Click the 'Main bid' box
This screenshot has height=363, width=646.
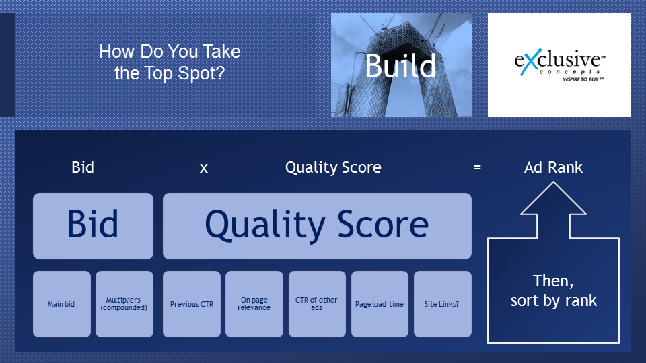pyautogui.click(x=62, y=304)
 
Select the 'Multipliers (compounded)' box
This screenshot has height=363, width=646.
pyautogui.click(x=124, y=304)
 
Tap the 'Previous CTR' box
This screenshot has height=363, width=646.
pyautogui.click(x=192, y=304)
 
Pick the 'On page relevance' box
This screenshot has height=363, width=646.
pyautogui.click(x=254, y=304)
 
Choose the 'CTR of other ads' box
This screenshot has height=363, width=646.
pyautogui.click(x=317, y=304)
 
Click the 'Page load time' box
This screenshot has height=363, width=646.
pyautogui.click(x=380, y=304)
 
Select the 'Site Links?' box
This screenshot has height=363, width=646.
pyautogui.click(x=443, y=304)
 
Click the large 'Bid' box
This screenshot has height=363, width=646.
pyautogui.click(x=93, y=226)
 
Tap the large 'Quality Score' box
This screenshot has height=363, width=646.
pyautogui.click(x=317, y=226)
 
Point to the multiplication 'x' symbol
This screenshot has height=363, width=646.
pyautogui.click(x=203, y=168)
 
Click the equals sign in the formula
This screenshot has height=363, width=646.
pyautogui.click(x=477, y=167)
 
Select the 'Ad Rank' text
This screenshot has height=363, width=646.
pyautogui.click(x=553, y=167)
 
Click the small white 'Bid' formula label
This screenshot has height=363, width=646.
pyautogui.click(x=83, y=167)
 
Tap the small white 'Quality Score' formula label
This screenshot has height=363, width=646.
pyautogui.click(x=333, y=167)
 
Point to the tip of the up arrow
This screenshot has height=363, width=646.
pyautogui.click(x=553, y=182)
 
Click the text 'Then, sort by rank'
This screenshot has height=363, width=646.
pyautogui.click(x=553, y=290)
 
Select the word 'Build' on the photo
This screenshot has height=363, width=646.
pyautogui.click(x=400, y=66)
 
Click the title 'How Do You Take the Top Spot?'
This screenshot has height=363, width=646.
pyautogui.click(x=170, y=62)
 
